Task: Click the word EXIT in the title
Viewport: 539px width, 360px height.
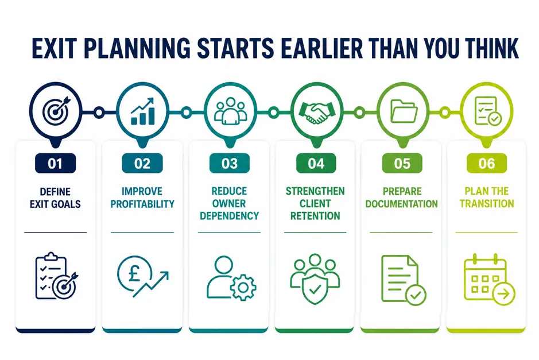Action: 53,48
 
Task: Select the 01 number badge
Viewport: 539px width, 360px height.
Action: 55,163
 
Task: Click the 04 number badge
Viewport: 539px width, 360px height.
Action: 316,163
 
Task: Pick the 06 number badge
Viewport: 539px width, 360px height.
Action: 486,163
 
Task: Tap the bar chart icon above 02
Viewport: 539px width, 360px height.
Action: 143,111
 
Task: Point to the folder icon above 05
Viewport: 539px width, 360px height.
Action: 404,111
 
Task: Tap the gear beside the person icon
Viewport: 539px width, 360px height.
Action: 243,288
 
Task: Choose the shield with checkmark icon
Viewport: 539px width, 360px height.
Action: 315,289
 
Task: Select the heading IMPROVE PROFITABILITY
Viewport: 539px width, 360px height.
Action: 142,198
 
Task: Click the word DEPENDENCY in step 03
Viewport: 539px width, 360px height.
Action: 229,216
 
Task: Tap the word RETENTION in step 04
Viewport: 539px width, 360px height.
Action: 315,216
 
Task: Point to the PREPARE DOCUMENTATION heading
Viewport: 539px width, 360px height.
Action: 401,198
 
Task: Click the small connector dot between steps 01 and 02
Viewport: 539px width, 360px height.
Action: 99,113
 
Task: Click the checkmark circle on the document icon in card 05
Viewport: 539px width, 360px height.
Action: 416,295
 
